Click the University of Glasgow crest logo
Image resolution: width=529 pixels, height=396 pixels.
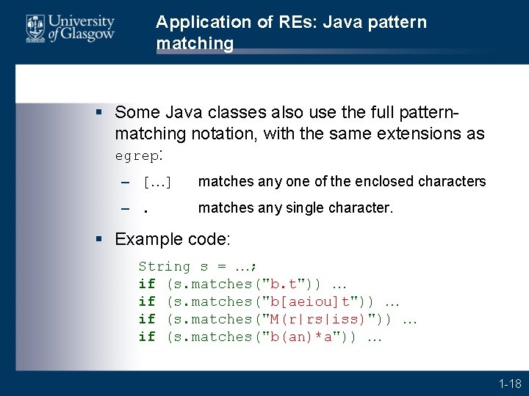[x=35, y=29]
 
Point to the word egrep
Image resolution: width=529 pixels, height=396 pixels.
[x=137, y=156]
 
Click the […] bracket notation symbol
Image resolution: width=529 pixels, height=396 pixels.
[x=157, y=182]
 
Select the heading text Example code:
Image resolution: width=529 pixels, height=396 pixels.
[x=173, y=239]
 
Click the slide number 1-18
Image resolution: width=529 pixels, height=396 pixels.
[x=509, y=383]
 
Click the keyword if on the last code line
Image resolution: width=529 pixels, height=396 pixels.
[x=147, y=337]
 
